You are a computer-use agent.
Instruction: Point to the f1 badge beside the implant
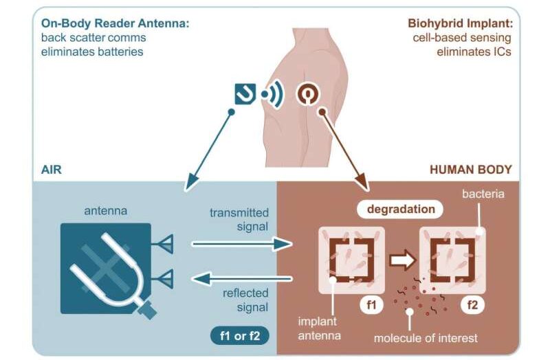(x=371, y=302)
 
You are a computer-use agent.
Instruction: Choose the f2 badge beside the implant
(x=472, y=302)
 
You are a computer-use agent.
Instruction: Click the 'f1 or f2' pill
(x=239, y=336)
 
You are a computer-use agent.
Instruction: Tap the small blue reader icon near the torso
(x=245, y=93)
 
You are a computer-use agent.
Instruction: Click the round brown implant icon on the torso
(x=307, y=93)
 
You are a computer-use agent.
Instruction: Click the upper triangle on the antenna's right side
(x=166, y=243)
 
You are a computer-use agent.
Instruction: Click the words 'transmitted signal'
(x=239, y=219)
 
